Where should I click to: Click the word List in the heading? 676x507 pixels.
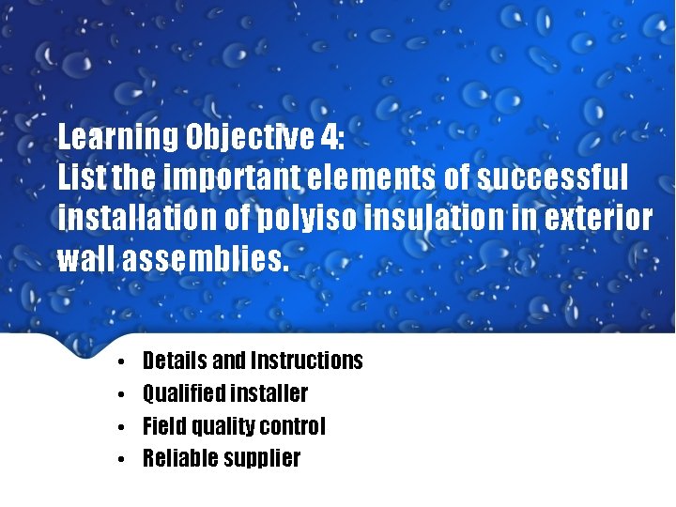click(81, 177)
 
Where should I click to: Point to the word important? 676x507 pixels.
click(221, 177)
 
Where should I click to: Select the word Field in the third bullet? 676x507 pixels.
click(163, 426)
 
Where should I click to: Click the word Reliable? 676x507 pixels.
click(178, 458)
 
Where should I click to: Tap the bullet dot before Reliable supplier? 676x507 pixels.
click(122, 459)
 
